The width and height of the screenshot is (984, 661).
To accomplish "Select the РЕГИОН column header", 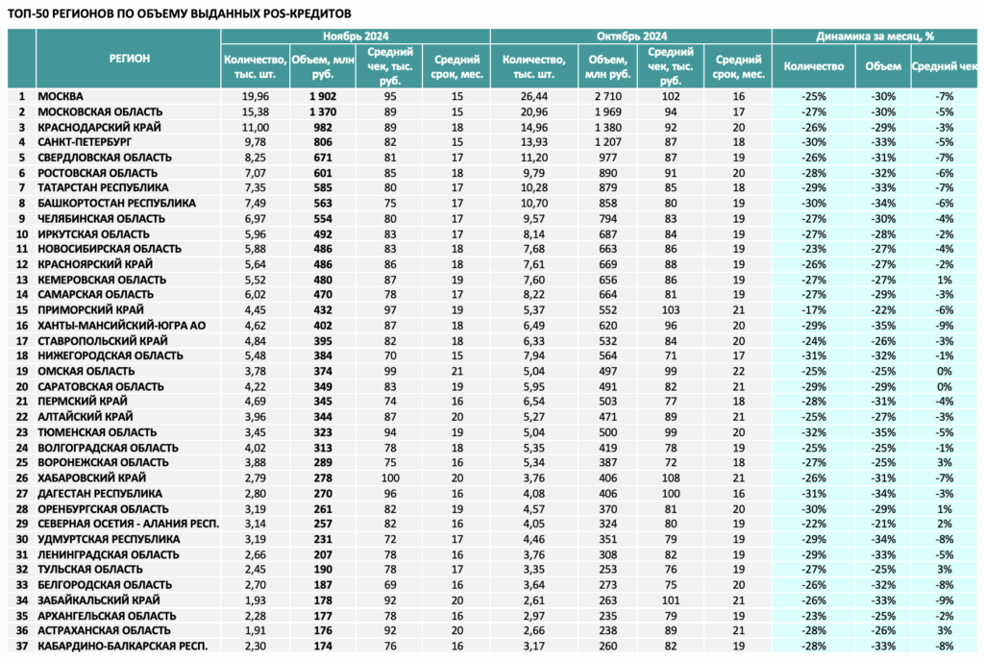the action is point(130,59).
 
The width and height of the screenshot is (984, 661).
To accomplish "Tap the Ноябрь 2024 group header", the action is point(356,36).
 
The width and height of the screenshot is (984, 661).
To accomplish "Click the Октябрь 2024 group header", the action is point(631,36).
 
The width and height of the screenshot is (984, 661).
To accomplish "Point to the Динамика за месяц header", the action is point(874,36).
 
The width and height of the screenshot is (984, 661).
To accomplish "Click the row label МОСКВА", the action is point(61,97).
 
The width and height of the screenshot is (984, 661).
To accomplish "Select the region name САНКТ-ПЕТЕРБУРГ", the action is point(85,142).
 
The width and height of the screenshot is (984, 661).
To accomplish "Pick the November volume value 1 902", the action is point(323,97).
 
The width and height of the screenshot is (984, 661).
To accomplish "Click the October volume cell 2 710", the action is point(607,97).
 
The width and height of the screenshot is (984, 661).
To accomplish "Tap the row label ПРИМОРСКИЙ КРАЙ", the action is point(90,309).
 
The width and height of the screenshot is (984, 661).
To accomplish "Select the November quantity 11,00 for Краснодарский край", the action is point(255,128).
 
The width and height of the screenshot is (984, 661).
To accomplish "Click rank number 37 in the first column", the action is point(22,646).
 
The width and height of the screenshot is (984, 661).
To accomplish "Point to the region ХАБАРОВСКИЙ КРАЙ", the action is point(91,477).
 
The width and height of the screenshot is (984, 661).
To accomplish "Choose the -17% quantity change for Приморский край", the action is point(813,309).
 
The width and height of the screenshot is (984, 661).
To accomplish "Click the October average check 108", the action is point(670,477).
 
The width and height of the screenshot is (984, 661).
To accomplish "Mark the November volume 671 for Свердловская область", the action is point(323,158).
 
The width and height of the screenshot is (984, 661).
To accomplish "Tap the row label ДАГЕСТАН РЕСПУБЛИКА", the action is point(100,494).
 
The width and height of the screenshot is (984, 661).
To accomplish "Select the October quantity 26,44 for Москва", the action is point(533,97).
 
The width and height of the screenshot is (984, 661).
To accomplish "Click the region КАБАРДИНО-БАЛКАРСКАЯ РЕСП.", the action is point(122,646).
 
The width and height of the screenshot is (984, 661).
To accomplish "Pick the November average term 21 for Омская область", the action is point(456,371).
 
